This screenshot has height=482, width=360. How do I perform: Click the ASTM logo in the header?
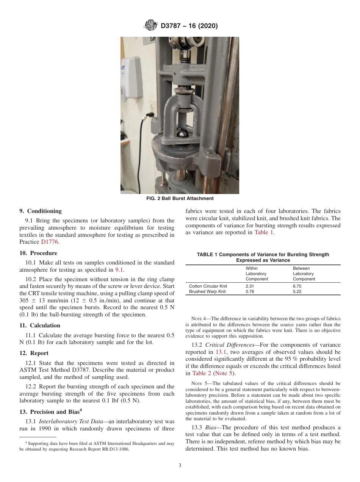pyautogui.click(x=151, y=26)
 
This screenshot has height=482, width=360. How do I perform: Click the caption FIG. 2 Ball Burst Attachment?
pyautogui.click(x=180, y=199)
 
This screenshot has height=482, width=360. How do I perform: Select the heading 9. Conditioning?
pyautogui.click(x=40, y=211)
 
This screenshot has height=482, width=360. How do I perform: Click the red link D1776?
pyautogui.click(x=50, y=242)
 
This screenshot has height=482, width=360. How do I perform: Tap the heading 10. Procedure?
pyautogui.click(x=38, y=253)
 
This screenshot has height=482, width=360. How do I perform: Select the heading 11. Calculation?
pyautogui.click(x=40, y=326)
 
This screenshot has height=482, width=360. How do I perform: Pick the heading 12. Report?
pyautogui.click(x=34, y=353)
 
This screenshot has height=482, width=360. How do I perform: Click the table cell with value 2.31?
pyautogui.click(x=250, y=286)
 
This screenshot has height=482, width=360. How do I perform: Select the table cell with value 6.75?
pyautogui.click(x=297, y=286)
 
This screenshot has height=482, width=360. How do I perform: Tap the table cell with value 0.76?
pyautogui.click(x=250, y=292)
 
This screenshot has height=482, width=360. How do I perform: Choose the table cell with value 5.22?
pyautogui.click(x=297, y=292)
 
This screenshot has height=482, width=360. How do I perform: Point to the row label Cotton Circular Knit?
pyautogui.click(x=208, y=286)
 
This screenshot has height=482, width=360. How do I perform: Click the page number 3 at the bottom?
pyautogui.click(x=180, y=466)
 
